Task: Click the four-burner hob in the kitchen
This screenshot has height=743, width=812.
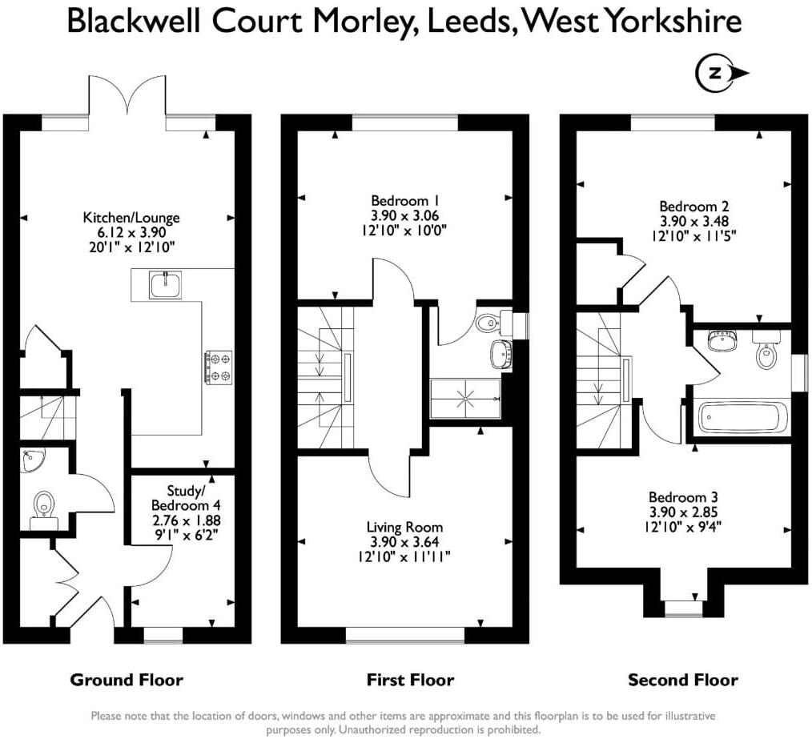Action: (x=219, y=367)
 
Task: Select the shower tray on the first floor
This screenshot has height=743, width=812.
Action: (x=465, y=398)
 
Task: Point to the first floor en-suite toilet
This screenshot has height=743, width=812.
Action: (x=488, y=323)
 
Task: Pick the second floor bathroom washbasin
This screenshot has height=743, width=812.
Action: (x=724, y=341)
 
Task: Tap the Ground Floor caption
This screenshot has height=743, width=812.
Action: (x=127, y=681)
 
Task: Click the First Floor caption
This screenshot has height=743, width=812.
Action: (x=410, y=681)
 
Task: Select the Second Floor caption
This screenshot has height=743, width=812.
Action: (x=682, y=681)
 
